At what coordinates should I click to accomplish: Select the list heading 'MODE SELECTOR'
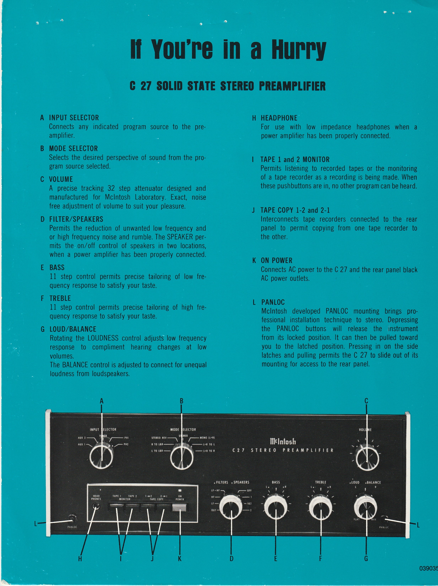(x=73, y=148)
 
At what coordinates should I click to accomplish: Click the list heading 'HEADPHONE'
(x=279, y=118)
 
